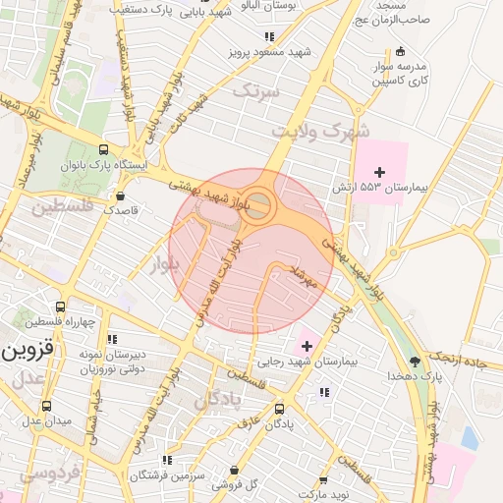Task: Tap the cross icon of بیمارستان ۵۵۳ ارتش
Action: point(380,172)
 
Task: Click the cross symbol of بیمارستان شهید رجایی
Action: point(307,346)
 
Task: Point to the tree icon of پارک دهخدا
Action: point(416,361)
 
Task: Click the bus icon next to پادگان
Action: point(279,409)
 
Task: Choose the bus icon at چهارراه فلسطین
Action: point(61,307)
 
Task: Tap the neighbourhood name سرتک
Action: point(255,91)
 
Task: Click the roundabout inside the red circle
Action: point(258,204)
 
